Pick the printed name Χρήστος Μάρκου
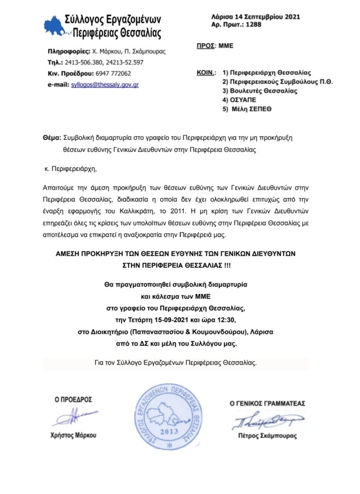(73, 435)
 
